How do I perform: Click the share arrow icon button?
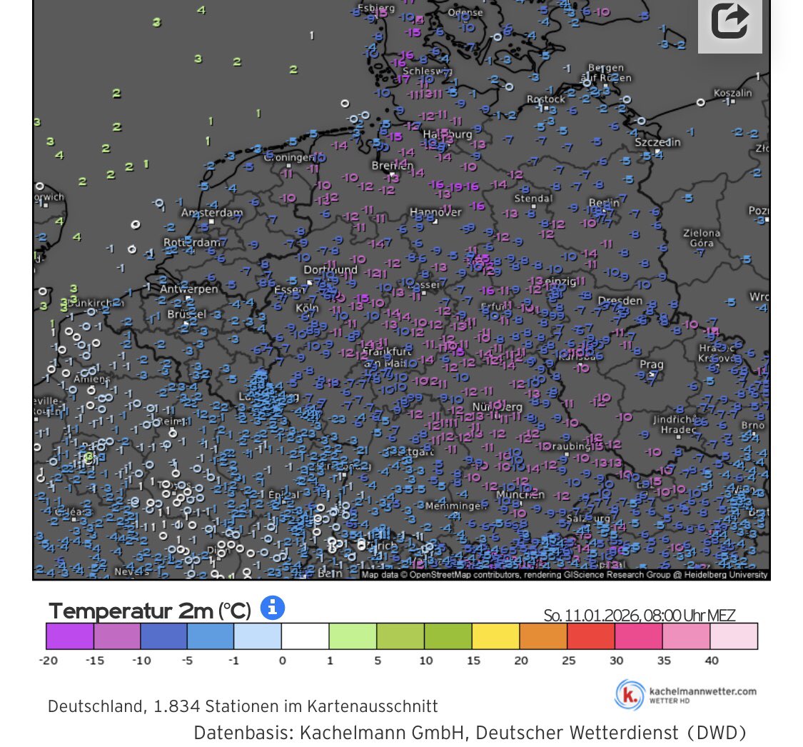click(x=729, y=21)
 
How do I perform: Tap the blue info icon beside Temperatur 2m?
click(x=273, y=608)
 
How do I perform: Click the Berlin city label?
click(x=603, y=203)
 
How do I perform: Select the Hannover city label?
click(x=435, y=212)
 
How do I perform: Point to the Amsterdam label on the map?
click(x=212, y=213)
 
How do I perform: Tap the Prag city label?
click(x=651, y=364)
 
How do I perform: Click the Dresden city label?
click(x=620, y=301)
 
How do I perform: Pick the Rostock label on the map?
click(x=545, y=99)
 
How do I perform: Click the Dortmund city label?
click(x=330, y=270)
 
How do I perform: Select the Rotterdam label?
click(x=191, y=243)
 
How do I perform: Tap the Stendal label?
click(x=533, y=198)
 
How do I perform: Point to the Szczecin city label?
click(x=657, y=142)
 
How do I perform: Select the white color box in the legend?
click(x=305, y=636)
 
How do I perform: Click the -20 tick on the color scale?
click(x=48, y=661)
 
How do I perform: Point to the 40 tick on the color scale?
click(x=711, y=661)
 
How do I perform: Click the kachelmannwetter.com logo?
click(x=686, y=695)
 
